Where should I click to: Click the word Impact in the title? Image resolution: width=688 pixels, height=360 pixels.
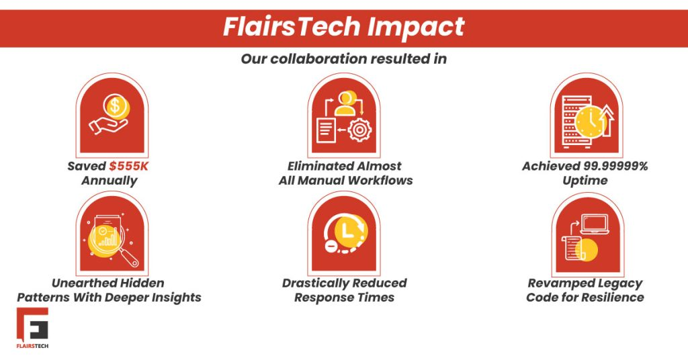(415, 28)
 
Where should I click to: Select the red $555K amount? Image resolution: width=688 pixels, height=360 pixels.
(129, 166)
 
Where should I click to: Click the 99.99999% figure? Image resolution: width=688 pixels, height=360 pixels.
(615, 166)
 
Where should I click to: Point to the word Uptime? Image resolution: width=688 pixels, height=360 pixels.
(585, 181)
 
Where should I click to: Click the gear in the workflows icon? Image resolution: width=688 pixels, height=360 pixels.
(359, 130)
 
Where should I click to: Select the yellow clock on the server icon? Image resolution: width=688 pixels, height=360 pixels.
(590, 122)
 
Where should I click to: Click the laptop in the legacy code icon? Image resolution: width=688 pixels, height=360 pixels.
(595, 224)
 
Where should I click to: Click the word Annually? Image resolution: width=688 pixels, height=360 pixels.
(110, 181)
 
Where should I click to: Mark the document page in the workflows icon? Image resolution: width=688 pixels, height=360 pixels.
(326, 130)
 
